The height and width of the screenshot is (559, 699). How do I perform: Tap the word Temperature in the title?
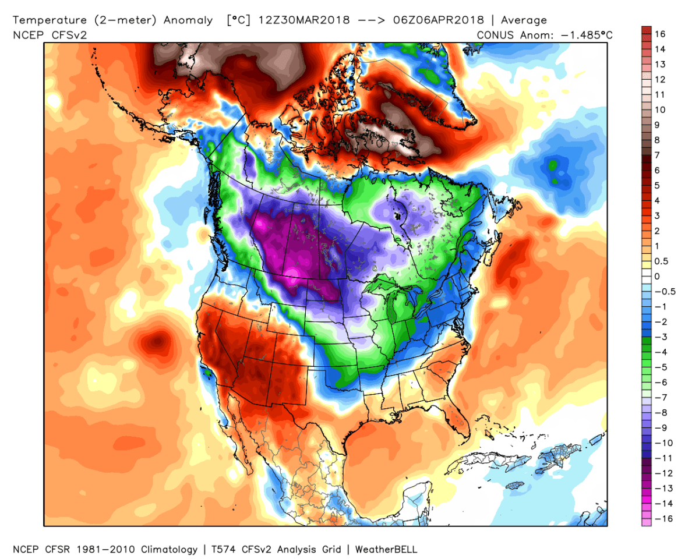[47, 20]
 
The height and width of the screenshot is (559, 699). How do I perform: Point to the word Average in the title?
[524, 20]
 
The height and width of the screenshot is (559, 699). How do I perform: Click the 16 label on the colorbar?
[659, 34]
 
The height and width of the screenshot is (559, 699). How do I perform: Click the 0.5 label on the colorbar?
[660, 261]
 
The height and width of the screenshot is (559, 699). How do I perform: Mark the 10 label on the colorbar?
[659, 109]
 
